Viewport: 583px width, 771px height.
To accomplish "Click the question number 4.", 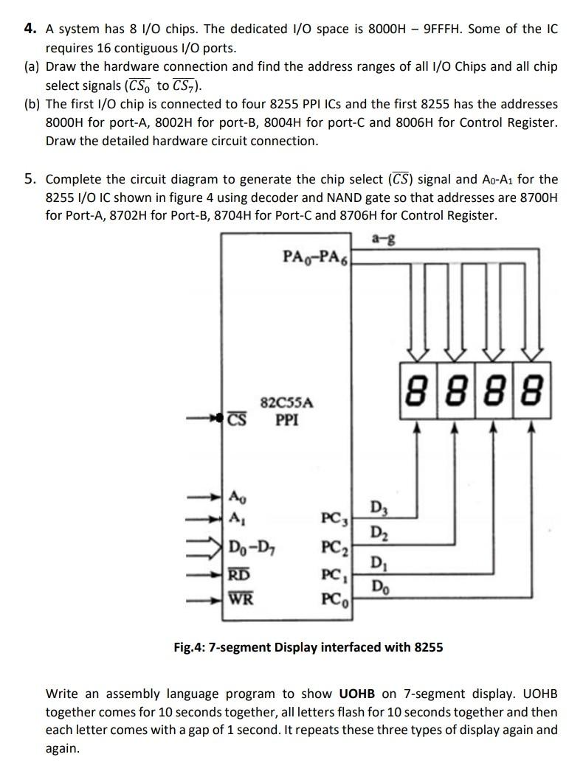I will pos(30,29).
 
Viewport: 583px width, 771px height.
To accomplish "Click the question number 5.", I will pos(30,179).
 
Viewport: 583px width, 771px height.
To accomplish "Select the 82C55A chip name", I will pos(287,403).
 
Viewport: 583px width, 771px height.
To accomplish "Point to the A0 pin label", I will pos(236,495).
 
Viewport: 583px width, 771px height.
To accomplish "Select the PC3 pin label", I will pos(334,518).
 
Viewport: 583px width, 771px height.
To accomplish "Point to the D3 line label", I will pos(377,507).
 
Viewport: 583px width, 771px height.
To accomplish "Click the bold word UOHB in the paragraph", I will pos(357,694).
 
